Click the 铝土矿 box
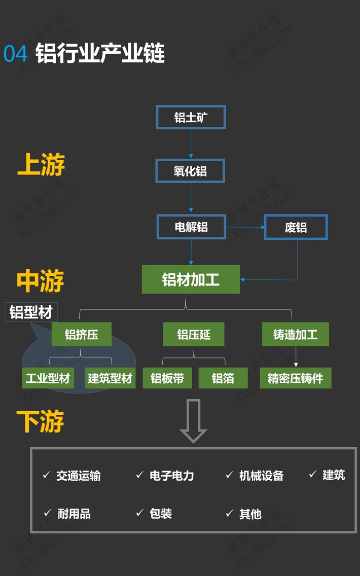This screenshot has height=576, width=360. click(191, 118)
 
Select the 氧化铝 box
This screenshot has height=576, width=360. click(190, 171)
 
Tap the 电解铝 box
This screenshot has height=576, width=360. click(191, 227)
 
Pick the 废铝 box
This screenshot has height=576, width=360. click(296, 227)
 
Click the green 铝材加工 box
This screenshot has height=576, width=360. click(191, 279)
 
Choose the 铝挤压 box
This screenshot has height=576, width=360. click(81, 335)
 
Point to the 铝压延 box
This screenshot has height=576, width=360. click(194, 335)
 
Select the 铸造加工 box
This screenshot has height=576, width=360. click(295, 335)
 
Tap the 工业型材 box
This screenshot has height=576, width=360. click(48, 378)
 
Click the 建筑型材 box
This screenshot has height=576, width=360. click(110, 378)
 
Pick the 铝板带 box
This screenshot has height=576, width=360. click(167, 378)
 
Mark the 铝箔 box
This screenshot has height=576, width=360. click(223, 378)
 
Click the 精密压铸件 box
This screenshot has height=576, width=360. click(295, 378)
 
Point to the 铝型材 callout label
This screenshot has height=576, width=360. click(31, 312)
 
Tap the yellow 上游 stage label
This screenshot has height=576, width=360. click(41, 165)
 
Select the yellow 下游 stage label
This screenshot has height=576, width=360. click(40, 422)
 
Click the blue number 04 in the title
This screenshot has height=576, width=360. click(15, 54)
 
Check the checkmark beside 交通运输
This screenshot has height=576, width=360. click(47, 475)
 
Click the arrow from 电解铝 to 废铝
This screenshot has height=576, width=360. click(245, 227)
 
